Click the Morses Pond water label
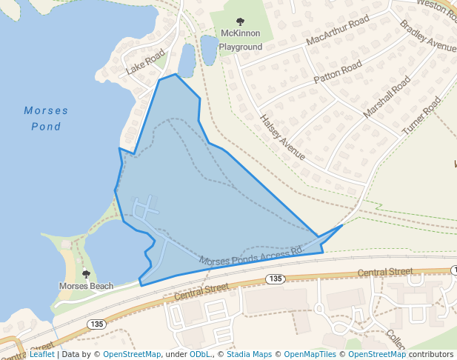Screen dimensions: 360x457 (46, 119)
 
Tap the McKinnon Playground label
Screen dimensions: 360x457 (241, 40)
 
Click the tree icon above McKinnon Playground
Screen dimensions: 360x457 (239, 22)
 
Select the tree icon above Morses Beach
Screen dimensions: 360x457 (86, 274)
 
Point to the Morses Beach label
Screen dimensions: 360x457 (87, 286)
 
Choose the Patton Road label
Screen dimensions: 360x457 (338, 72)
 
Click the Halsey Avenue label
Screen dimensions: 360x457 (282, 137)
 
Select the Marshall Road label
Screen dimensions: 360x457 (387, 97)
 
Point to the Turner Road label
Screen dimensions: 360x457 (421, 115)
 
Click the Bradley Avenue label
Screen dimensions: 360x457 (428, 36)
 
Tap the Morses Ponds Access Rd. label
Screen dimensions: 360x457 (252, 256)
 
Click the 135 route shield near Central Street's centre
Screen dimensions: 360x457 (275, 279)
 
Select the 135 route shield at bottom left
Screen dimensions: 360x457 (96, 324)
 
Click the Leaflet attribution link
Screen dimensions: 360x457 (41, 354)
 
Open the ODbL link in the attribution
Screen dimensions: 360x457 (200, 354)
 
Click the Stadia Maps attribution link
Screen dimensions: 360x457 (247, 354)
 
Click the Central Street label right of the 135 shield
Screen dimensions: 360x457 (384, 273)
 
